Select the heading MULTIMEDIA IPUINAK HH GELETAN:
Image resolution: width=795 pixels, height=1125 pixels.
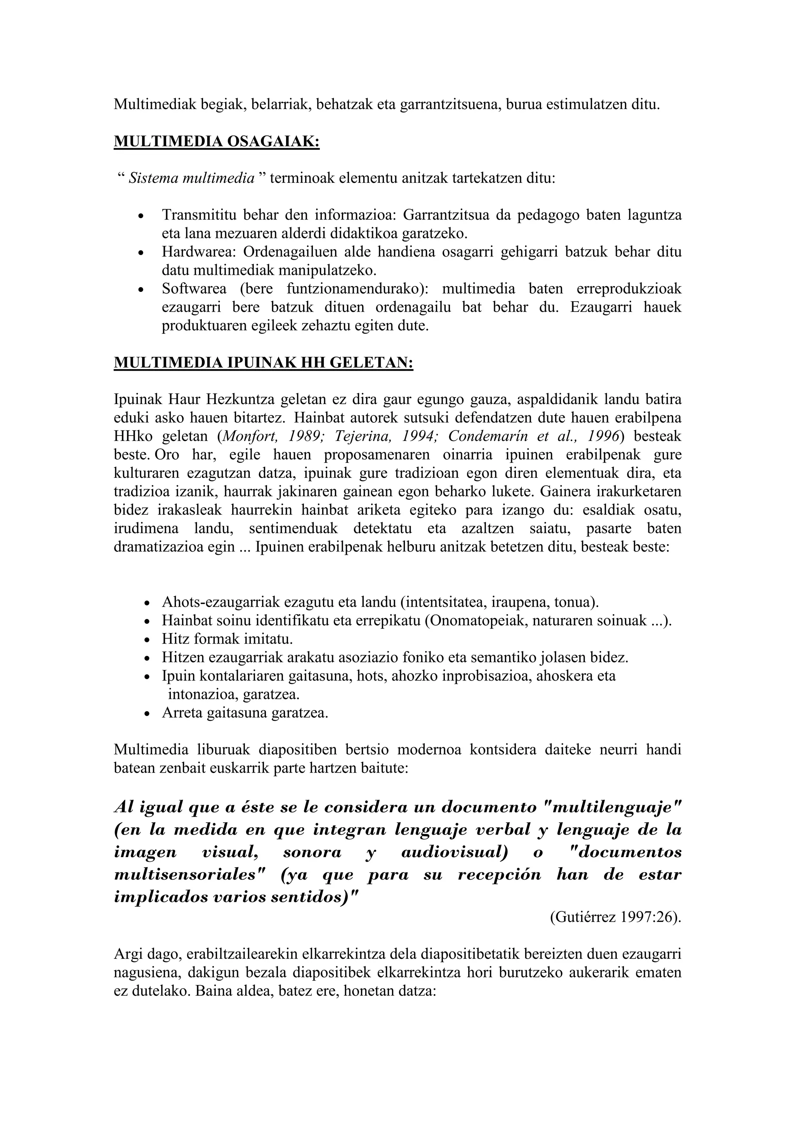(263, 363)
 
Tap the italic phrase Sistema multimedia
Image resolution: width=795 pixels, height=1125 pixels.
(191, 178)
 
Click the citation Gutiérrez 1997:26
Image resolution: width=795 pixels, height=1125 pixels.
(615, 917)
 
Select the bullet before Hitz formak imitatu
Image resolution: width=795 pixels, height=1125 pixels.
(147, 640)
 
